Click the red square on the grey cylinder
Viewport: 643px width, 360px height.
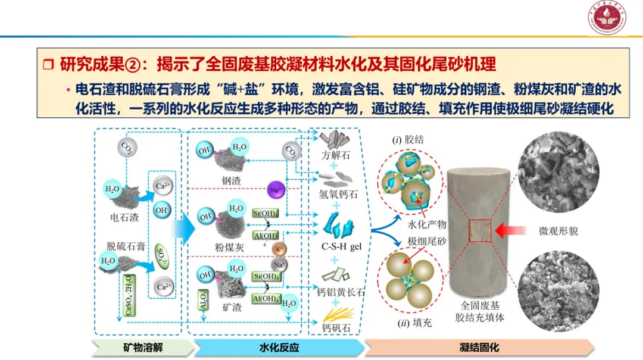[479, 233]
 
